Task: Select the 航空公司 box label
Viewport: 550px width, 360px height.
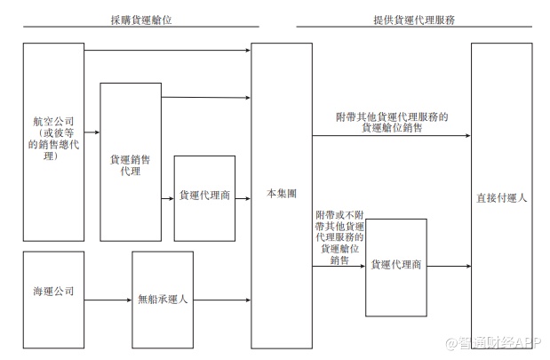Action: point(53,138)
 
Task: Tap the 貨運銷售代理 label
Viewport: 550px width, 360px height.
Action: point(130,164)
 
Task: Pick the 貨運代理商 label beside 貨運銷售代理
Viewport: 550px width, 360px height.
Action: point(204,195)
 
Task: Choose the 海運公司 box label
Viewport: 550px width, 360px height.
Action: point(53,292)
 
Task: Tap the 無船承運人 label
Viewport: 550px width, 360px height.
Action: point(163,300)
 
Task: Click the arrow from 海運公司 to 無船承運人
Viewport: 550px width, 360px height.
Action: point(108,300)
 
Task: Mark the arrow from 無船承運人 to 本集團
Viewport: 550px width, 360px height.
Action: point(222,300)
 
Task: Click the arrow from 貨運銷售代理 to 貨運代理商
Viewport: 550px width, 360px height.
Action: point(167,198)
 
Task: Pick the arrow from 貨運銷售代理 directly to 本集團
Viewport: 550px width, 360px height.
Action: point(206,97)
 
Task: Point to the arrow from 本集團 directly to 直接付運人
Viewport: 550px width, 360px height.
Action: point(391,137)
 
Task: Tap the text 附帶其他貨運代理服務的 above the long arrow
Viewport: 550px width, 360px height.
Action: point(391,116)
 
